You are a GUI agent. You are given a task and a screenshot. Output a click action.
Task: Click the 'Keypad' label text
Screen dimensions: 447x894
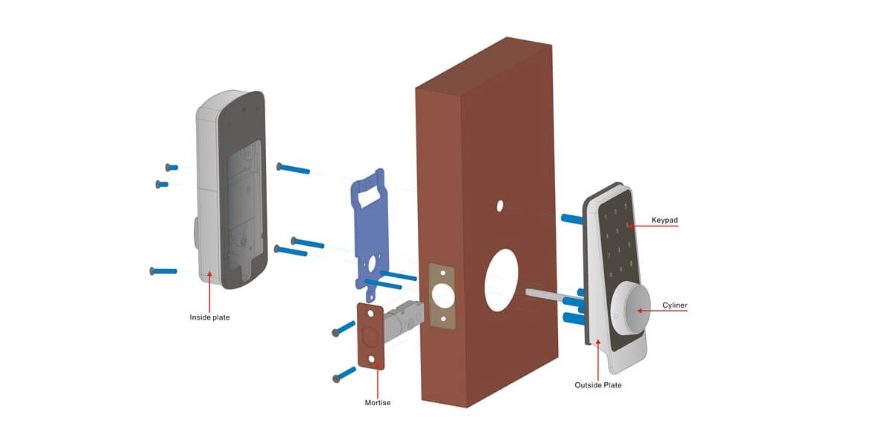[664, 221]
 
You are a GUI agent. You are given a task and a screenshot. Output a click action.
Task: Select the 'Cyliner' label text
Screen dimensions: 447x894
[675, 305]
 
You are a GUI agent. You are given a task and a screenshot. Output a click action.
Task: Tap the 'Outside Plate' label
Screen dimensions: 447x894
[597, 385]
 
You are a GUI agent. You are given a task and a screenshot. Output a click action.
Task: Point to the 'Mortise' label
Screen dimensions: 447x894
[378, 402]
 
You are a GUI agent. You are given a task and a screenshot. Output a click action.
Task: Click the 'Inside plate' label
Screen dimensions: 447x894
[209, 317]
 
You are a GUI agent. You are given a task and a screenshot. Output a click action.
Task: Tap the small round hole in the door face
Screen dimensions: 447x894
[501, 205]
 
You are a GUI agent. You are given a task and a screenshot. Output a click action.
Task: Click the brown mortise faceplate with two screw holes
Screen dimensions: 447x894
[371, 336]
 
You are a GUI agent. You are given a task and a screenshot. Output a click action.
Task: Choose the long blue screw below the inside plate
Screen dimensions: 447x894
[164, 270]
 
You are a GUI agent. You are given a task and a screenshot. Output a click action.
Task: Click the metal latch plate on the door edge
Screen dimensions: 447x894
[442, 296]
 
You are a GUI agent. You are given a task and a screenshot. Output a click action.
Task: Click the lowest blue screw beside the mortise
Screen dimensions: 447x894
[346, 375]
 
